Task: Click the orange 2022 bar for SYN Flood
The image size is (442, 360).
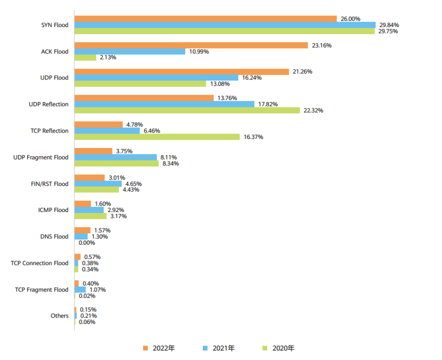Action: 206,18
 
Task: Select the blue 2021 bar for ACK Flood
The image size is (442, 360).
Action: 130,51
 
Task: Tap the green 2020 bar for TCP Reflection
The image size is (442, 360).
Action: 157,137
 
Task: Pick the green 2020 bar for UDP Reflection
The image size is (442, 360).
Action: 187,110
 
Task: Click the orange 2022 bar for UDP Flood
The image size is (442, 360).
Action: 182,71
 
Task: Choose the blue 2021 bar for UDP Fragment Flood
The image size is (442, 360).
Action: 116,157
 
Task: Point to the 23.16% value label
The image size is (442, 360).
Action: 322,45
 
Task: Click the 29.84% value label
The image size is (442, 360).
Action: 389,25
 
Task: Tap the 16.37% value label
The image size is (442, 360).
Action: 253,137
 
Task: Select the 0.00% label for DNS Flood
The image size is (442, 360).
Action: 87,242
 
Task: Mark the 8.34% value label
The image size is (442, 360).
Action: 170,163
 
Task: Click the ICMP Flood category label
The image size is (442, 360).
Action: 53,210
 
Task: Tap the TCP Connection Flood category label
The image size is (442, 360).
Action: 39,263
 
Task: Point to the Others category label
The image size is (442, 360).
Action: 59,316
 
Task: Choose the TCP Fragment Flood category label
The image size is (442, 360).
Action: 41,289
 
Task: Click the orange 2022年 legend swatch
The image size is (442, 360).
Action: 146,348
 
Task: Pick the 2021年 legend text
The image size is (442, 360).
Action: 223,348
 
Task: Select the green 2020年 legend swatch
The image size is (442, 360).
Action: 265,348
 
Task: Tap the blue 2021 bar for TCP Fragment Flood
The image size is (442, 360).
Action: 80,289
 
